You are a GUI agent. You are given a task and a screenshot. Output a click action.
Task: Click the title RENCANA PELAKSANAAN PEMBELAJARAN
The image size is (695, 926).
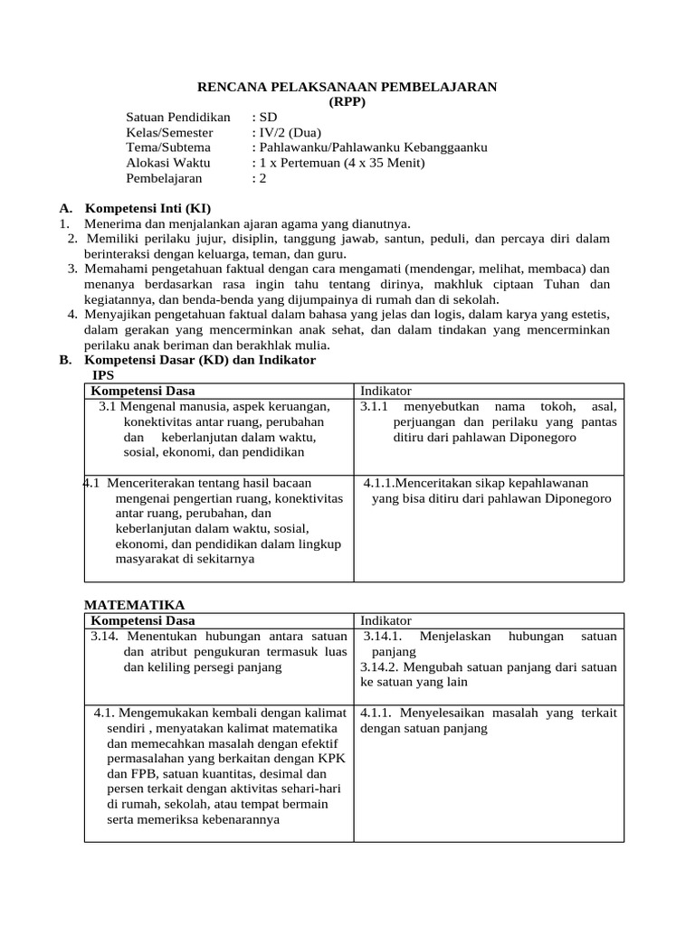tap(347, 87)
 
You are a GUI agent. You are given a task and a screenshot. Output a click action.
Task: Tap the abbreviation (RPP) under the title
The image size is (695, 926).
tap(347, 101)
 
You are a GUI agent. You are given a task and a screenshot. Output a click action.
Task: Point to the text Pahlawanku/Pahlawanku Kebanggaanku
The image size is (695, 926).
tap(374, 147)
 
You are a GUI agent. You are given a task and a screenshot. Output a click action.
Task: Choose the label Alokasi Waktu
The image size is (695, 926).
tap(167, 163)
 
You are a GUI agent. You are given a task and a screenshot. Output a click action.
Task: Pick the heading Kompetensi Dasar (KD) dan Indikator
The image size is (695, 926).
tap(200, 360)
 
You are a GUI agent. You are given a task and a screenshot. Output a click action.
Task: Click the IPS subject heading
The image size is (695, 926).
tap(104, 375)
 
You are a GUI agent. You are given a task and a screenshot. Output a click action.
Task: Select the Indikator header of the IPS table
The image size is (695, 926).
tap(386, 391)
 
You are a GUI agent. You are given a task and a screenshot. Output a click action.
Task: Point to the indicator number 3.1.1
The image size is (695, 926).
tap(373, 407)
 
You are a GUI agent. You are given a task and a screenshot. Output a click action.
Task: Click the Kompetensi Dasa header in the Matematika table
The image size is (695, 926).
tap(142, 620)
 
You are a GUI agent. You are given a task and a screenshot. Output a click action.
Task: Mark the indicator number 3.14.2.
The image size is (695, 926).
tap(379, 667)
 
